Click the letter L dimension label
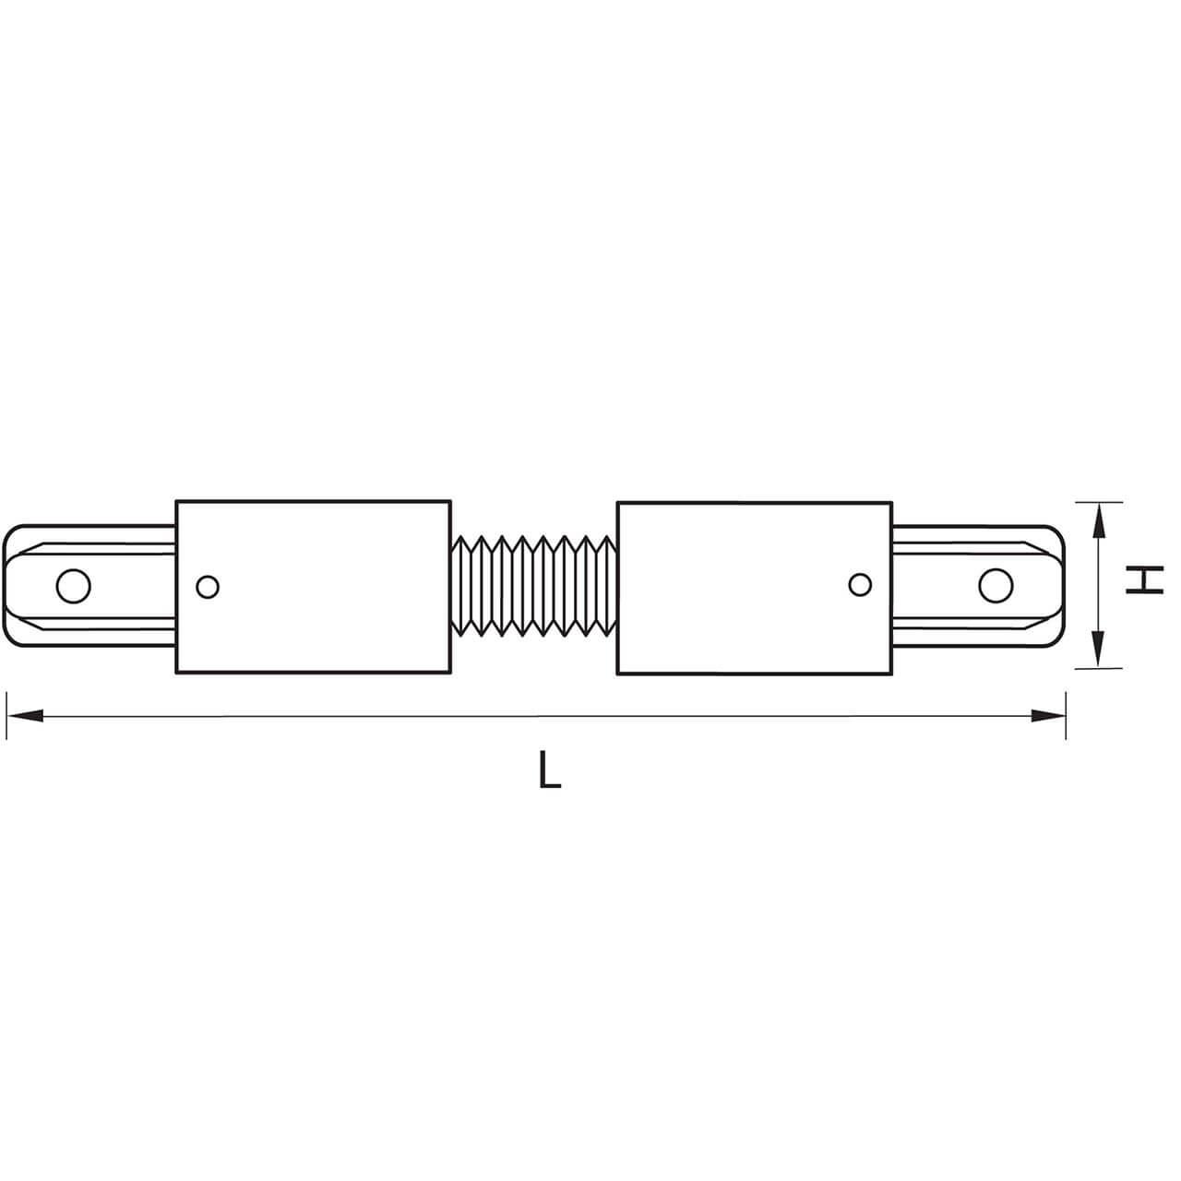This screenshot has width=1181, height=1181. (550, 771)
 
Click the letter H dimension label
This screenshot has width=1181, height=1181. (1145, 581)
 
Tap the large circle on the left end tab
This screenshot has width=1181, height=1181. (73, 585)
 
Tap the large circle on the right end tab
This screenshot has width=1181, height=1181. (996, 585)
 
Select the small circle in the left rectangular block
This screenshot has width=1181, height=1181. (208, 585)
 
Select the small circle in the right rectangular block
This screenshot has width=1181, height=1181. (859, 584)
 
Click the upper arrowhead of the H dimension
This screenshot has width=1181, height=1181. (1098, 520)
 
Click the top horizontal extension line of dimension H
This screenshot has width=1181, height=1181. (1103, 502)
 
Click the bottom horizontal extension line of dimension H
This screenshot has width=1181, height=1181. (1103, 667)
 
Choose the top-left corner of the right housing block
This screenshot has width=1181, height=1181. (617, 503)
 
